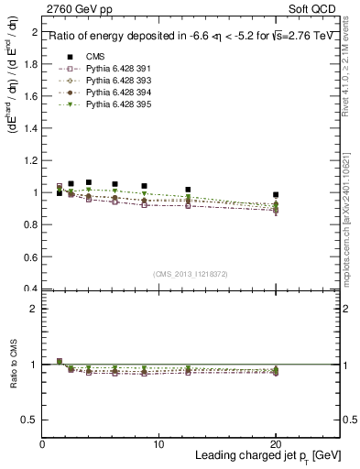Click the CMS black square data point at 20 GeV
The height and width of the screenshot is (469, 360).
click(276, 195)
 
